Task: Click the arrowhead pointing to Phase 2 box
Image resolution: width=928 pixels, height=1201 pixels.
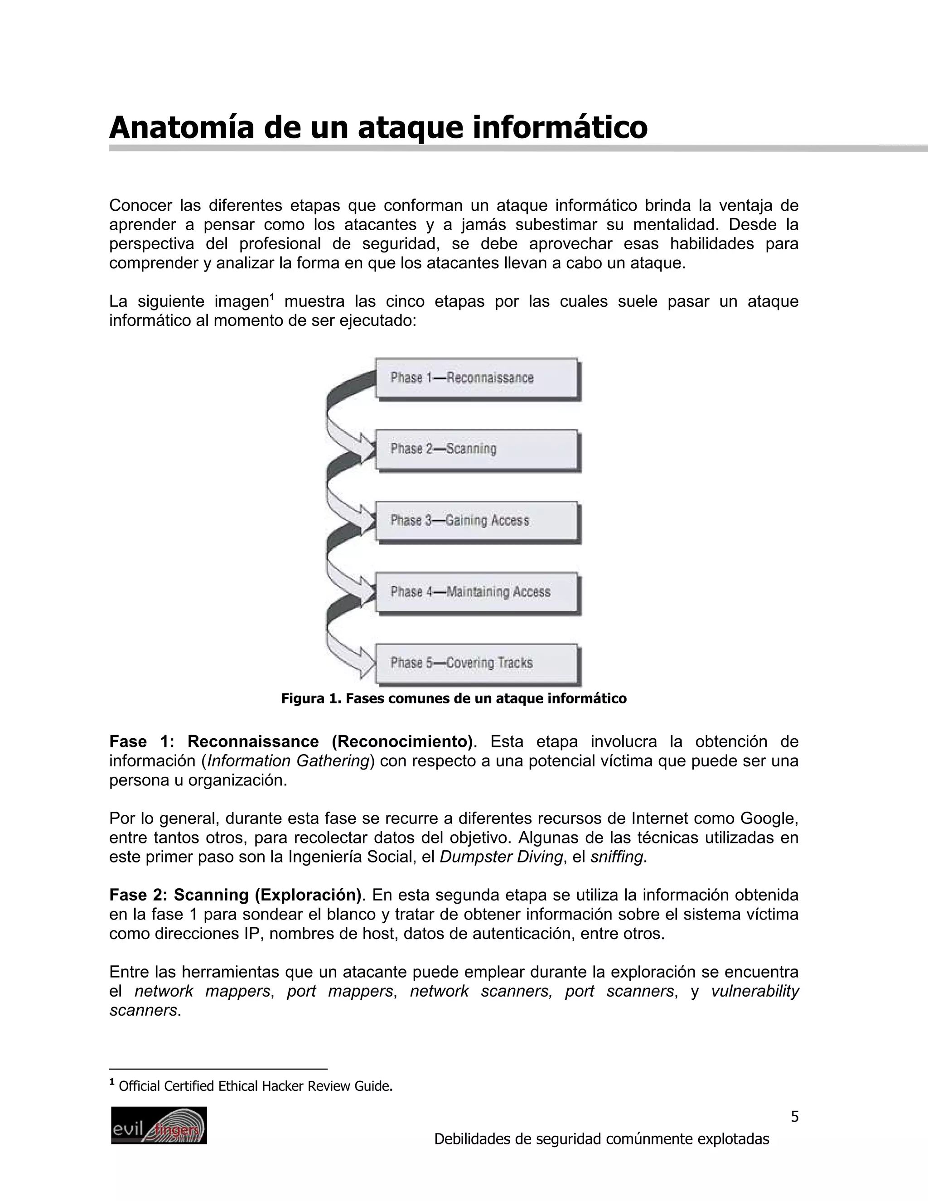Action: pyautogui.click(x=366, y=446)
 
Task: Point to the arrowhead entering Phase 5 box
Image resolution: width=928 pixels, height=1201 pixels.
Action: pyautogui.click(x=366, y=662)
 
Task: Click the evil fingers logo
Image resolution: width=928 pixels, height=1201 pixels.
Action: pyautogui.click(x=159, y=1125)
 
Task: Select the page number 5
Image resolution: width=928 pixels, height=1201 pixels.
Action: pyautogui.click(x=794, y=1117)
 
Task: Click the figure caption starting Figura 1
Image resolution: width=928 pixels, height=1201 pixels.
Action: pyautogui.click(x=454, y=698)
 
